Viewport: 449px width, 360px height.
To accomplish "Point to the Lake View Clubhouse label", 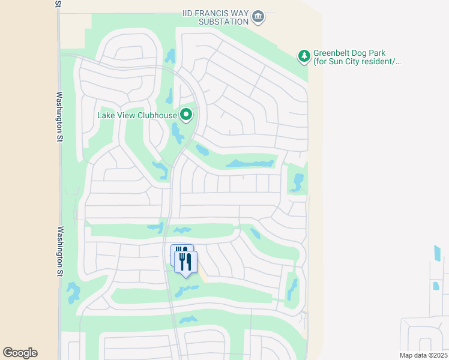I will tap(137, 115).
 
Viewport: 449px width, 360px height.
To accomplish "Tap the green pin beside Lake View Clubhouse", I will tap(186, 114).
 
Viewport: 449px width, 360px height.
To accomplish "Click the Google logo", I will tap(20, 353).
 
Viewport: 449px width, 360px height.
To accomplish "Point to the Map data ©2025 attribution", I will tap(423, 355).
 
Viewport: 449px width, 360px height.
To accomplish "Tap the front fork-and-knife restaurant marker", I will tap(185, 262).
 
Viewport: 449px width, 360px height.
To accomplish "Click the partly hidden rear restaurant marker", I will tap(178, 251).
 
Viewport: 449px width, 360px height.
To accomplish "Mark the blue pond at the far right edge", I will tap(436, 253).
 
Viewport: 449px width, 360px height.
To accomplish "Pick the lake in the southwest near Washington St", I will tap(73, 292).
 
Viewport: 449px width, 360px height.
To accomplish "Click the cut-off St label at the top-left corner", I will tap(58, 3).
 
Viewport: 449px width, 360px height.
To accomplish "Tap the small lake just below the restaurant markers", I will tap(187, 291).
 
